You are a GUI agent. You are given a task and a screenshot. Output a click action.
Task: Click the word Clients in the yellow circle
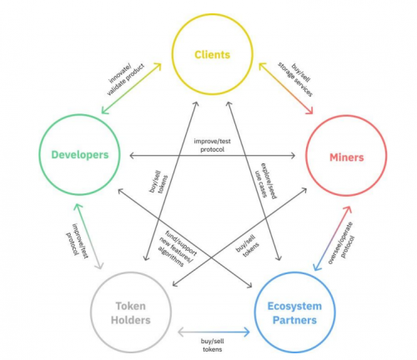[x=213, y=54]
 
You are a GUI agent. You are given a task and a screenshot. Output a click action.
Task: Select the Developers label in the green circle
[x=80, y=155]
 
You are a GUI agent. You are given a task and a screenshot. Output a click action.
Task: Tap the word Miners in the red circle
[x=347, y=157]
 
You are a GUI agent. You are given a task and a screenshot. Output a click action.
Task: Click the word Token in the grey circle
[x=131, y=306]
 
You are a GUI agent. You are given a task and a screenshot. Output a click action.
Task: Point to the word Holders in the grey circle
[x=131, y=320]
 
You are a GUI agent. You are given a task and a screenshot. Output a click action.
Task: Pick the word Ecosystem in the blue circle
[x=294, y=306]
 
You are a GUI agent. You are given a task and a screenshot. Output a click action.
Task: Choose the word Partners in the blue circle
[x=294, y=320]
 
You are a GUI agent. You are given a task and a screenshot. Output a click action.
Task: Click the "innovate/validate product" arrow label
[x=126, y=78]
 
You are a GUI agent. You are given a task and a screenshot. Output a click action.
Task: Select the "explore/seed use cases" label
[x=265, y=181]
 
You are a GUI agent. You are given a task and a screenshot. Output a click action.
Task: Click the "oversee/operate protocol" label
[x=341, y=242]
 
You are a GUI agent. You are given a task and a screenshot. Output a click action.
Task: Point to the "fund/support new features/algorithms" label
[x=177, y=248]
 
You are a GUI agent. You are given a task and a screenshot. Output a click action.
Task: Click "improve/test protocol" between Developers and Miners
[x=212, y=145]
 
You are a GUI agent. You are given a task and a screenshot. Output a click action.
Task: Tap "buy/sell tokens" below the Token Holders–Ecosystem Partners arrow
[x=213, y=345]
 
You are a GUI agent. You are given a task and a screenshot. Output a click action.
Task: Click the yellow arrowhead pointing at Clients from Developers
[x=158, y=67]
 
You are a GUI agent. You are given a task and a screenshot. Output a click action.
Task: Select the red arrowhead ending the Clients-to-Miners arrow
[x=309, y=110]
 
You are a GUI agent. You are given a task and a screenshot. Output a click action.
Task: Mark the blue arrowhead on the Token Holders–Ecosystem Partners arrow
[x=247, y=332]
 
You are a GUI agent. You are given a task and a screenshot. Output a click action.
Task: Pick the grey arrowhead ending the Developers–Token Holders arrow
[x=99, y=265]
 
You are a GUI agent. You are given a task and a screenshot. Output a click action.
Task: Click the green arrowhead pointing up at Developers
[x=78, y=207]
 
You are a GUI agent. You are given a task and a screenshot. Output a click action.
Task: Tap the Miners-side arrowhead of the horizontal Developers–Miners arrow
[x=293, y=156]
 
